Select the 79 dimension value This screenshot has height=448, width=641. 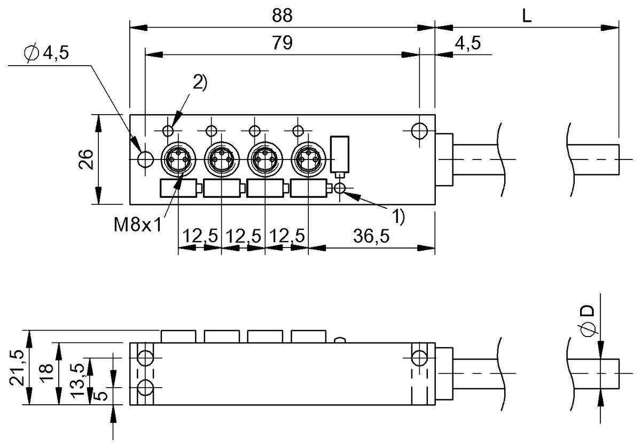point(282,43)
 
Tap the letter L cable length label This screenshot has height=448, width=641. point(527,16)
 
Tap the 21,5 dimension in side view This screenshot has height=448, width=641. point(17,368)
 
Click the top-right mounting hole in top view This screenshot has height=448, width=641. point(419,130)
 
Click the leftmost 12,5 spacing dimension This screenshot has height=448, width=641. point(201,236)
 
